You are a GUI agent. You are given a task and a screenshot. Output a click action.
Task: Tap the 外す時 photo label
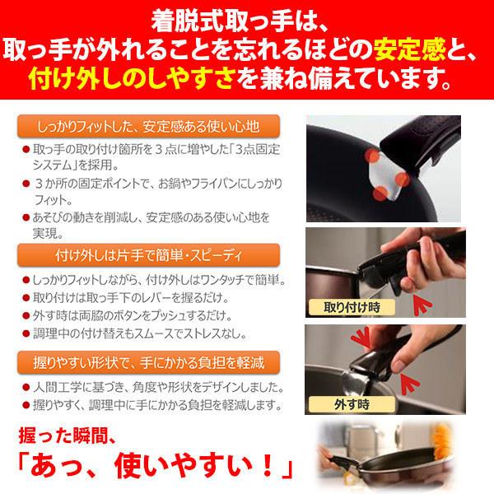tap(333, 406)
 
